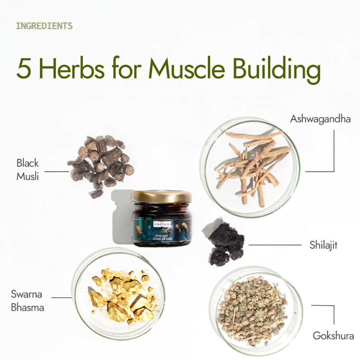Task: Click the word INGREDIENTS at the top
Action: coord(44,26)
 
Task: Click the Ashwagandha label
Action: coord(320,119)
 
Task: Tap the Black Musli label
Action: coord(27,169)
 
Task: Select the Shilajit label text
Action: coord(323,245)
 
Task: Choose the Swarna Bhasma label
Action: coord(27,301)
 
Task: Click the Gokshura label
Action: coord(333,336)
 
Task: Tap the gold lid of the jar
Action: coord(161,196)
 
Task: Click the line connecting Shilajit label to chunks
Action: coord(275,245)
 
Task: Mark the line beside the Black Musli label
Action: coord(56,172)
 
